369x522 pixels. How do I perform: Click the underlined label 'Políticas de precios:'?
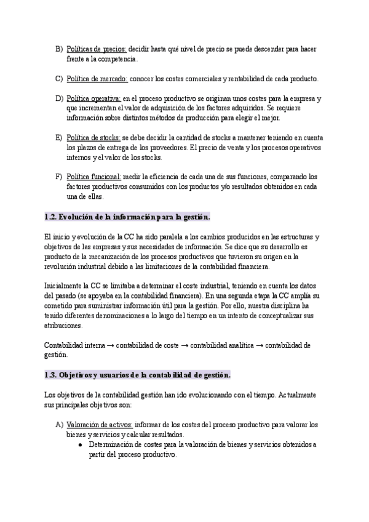click(x=96, y=49)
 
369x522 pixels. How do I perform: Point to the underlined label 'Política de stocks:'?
click(x=93, y=138)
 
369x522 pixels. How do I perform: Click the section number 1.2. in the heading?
click(x=51, y=217)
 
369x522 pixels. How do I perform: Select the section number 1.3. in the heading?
click(x=51, y=374)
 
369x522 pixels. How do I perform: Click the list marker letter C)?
click(x=59, y=79)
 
